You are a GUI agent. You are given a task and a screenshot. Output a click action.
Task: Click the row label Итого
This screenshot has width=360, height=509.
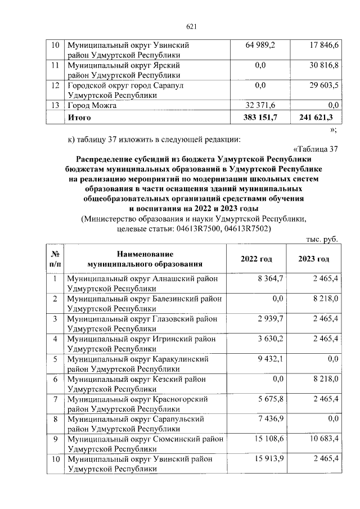coord(79,118)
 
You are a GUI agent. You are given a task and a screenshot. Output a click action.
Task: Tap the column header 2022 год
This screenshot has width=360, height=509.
coord(256,259)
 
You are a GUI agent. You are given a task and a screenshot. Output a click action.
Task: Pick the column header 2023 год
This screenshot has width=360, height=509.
coord(314,259)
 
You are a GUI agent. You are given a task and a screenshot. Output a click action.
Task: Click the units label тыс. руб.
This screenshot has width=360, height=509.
coord(322,239)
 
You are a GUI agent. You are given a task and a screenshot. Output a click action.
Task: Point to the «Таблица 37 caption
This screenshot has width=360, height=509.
coord(316,148)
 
